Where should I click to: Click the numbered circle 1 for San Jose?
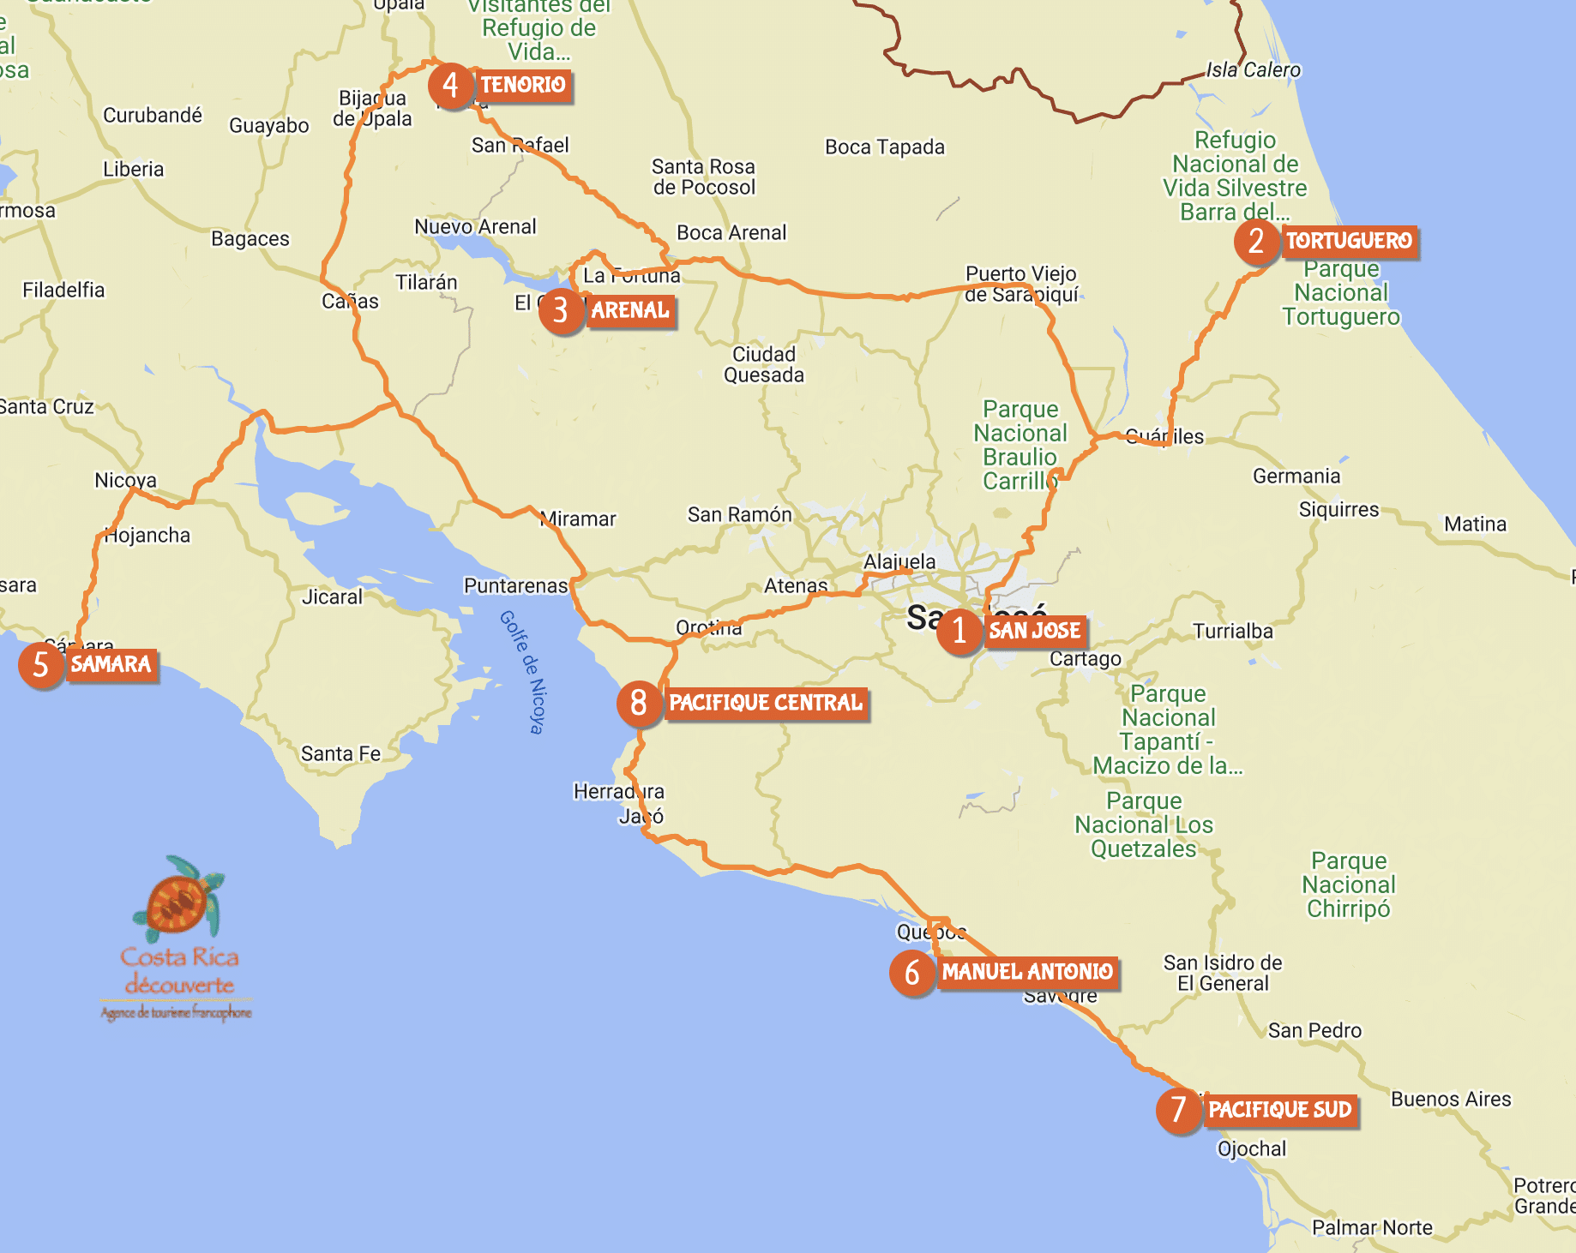pyautogui.click(x=959, y=632)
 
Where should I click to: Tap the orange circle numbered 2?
pyautogui.click(x=1256, y=242)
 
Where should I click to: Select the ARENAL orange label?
pyautogui.click(x=630, y=310)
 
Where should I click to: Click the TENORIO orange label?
pyautogui.click(x=522, y=85)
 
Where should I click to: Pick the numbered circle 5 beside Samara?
pyautogui.click(x=40, y=665)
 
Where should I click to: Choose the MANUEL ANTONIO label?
pyautogui.click(x=1027, y=972)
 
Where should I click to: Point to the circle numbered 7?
pyautogui.click(x=1179, y=1110)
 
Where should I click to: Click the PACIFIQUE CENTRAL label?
pyautogui.click(x=766, y=703)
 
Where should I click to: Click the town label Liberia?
pyautogui.click(x=133, y=169)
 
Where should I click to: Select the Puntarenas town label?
pyautogui.click(x=515, y=585)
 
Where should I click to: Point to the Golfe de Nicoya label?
pyautogui.click(x=523, y=672)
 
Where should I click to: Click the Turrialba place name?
pyautogui.click(x=1233, y=632)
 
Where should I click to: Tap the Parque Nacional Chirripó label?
pyautogui.click(x=1349, y=884)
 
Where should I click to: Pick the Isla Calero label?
pyautogui.click(x=1253, y=70)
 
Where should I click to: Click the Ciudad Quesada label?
pyautogui.click(x=764, y=364)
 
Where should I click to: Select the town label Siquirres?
pyautogui.click(x=1338, y=510)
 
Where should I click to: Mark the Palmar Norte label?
pyautogui.click(x=1372, y=1227)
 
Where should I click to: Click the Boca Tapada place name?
pyautogui.click(x=884, y=147)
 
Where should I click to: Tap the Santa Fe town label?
pyautogui.click(x=340, y=753)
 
